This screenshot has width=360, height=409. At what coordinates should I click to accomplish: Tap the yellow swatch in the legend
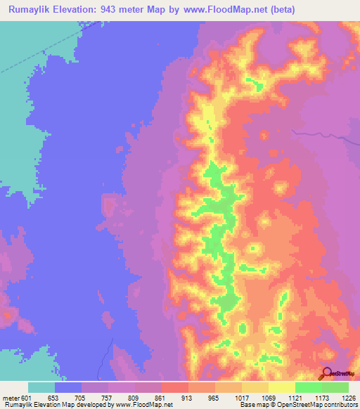point(282,387)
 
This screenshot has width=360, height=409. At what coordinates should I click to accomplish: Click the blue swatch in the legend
point(68,387)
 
